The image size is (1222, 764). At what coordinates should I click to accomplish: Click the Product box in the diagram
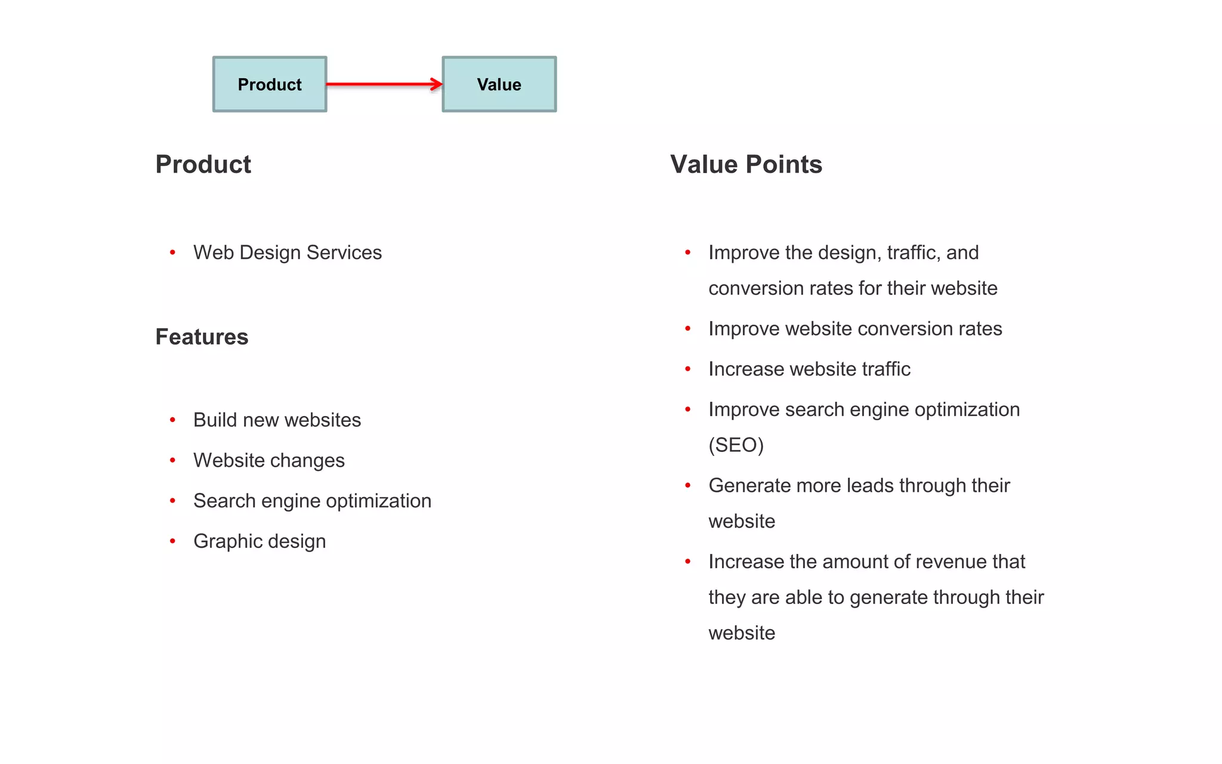(270, 84)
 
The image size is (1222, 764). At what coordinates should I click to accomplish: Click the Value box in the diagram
(499, 84)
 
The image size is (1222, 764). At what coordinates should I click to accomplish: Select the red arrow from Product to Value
(382, 84)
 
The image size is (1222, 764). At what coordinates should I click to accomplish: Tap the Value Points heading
(746, 164)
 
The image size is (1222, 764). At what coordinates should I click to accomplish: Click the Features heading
(202, 337)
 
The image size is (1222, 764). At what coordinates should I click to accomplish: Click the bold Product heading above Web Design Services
(203, 164)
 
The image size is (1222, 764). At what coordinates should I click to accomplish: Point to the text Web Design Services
(287, 252)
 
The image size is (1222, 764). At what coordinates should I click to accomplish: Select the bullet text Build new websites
(277, 420)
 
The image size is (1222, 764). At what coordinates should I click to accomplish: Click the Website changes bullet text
(269, 461)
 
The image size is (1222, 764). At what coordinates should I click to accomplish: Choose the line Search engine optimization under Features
(312, 501)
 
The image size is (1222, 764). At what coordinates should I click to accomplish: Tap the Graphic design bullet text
(260, 541)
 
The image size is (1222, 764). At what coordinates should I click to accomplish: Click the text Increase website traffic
(809, 369)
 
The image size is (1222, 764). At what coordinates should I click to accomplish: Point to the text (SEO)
(736, 445)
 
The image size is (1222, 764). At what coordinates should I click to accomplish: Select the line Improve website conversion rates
(855, 329)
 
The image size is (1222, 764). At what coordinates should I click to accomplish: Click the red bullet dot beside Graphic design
(172, 541)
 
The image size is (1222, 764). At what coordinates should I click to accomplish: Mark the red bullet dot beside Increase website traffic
(688, 369)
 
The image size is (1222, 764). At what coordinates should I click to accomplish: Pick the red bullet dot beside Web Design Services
(172, 252)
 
